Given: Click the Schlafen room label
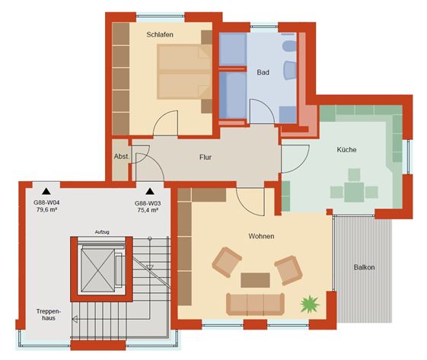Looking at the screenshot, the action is (x=160, y=34).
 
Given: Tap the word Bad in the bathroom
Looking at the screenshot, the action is (x=263, y=72).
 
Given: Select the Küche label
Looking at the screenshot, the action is (x=346, y=149).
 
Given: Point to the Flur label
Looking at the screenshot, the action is (x=206, y=157).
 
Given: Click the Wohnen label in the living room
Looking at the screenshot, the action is (x=261, y=236).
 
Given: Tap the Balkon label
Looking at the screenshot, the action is (x=364, y=267).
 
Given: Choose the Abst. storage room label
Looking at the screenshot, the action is (x=122, y=157).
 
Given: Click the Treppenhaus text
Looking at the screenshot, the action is (x=49, y=314).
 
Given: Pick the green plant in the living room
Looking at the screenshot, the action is (x=310, y=304).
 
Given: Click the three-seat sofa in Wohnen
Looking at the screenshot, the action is (x=255, y=304).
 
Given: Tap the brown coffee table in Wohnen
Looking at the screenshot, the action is (x=255, y=280).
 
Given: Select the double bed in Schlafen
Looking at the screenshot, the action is (x=184, y=72).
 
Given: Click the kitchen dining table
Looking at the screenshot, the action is (x=354, y=192).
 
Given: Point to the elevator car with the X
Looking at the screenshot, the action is (x=97, y=270).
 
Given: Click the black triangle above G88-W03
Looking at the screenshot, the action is (x=150, y=192).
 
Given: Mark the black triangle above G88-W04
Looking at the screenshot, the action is (x=46, y=192).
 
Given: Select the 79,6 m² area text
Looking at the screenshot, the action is (x=46, y=209).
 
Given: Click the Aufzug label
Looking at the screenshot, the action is (x=102, y=232).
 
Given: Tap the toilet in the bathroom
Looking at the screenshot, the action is (x=288, y=46).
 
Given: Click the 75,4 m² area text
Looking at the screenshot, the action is (x=148, y=210).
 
